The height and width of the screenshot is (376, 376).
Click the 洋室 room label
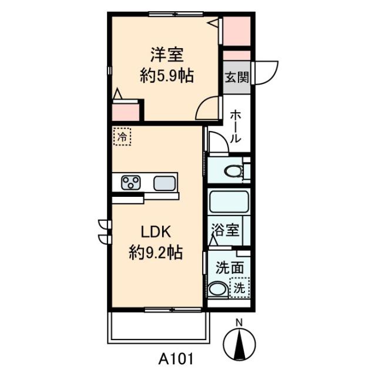[167, 55]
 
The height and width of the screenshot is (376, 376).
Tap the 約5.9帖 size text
[167, 76]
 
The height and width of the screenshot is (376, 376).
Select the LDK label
[156, 232]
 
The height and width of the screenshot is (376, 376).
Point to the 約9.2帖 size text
[156, 252]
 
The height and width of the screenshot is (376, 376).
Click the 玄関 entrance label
[237, 77]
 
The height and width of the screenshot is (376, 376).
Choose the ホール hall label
[235, 126]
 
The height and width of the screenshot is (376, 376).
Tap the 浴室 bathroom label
[225, 230]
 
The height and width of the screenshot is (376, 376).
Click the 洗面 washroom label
[230, 268]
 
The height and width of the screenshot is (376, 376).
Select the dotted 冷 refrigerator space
[122, 137]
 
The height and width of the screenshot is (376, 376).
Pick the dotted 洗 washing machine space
[240, 288]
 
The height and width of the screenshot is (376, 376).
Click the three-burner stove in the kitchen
[130, 183]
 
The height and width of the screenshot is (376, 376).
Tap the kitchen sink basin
[164, 183]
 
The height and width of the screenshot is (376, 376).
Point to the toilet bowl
[234, 171]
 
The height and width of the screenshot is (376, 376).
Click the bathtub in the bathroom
[229, 202]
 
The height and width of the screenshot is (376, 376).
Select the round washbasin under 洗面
[218, 289]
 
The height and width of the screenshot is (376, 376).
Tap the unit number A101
[176, 359]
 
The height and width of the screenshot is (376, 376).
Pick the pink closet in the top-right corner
[237, 31]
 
